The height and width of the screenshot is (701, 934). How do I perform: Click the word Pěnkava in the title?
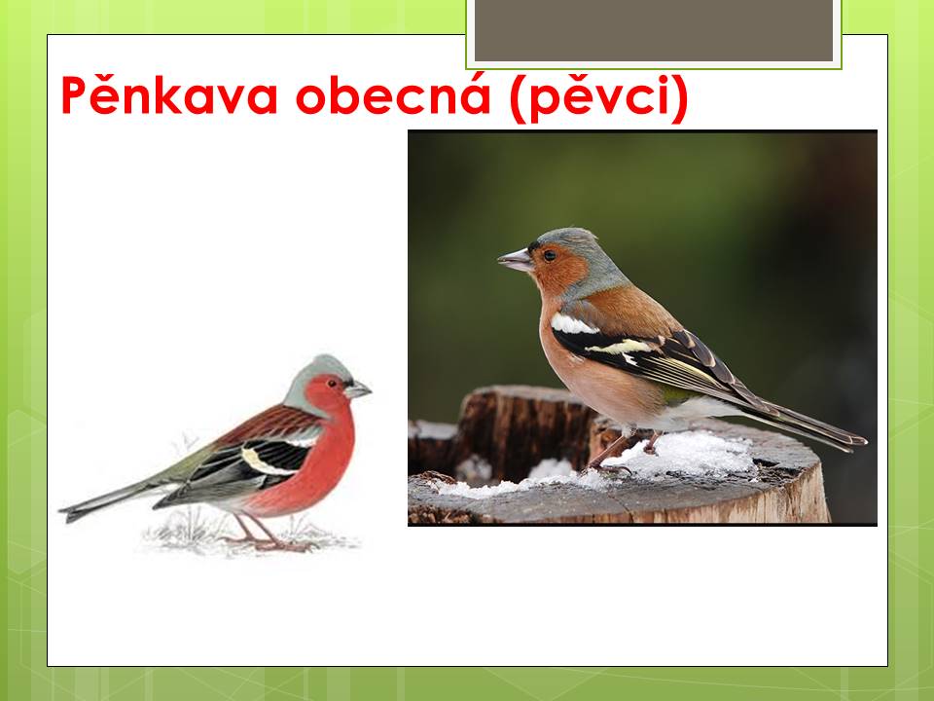point(169,95)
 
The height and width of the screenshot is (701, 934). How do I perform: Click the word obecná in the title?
point(393,95)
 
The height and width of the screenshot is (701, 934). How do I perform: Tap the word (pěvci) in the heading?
point(599,98)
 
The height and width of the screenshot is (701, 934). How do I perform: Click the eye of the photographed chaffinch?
point(549,256)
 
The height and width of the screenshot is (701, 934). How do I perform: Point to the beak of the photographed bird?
point(516,260)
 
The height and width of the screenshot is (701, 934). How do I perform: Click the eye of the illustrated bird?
point(332,384)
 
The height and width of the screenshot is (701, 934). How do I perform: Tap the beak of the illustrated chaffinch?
point(357,389)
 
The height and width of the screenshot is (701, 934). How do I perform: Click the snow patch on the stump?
point(685,456)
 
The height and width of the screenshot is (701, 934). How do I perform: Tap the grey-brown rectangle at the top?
point(654,30)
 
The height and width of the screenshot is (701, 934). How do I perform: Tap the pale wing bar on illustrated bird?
point(261,463)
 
